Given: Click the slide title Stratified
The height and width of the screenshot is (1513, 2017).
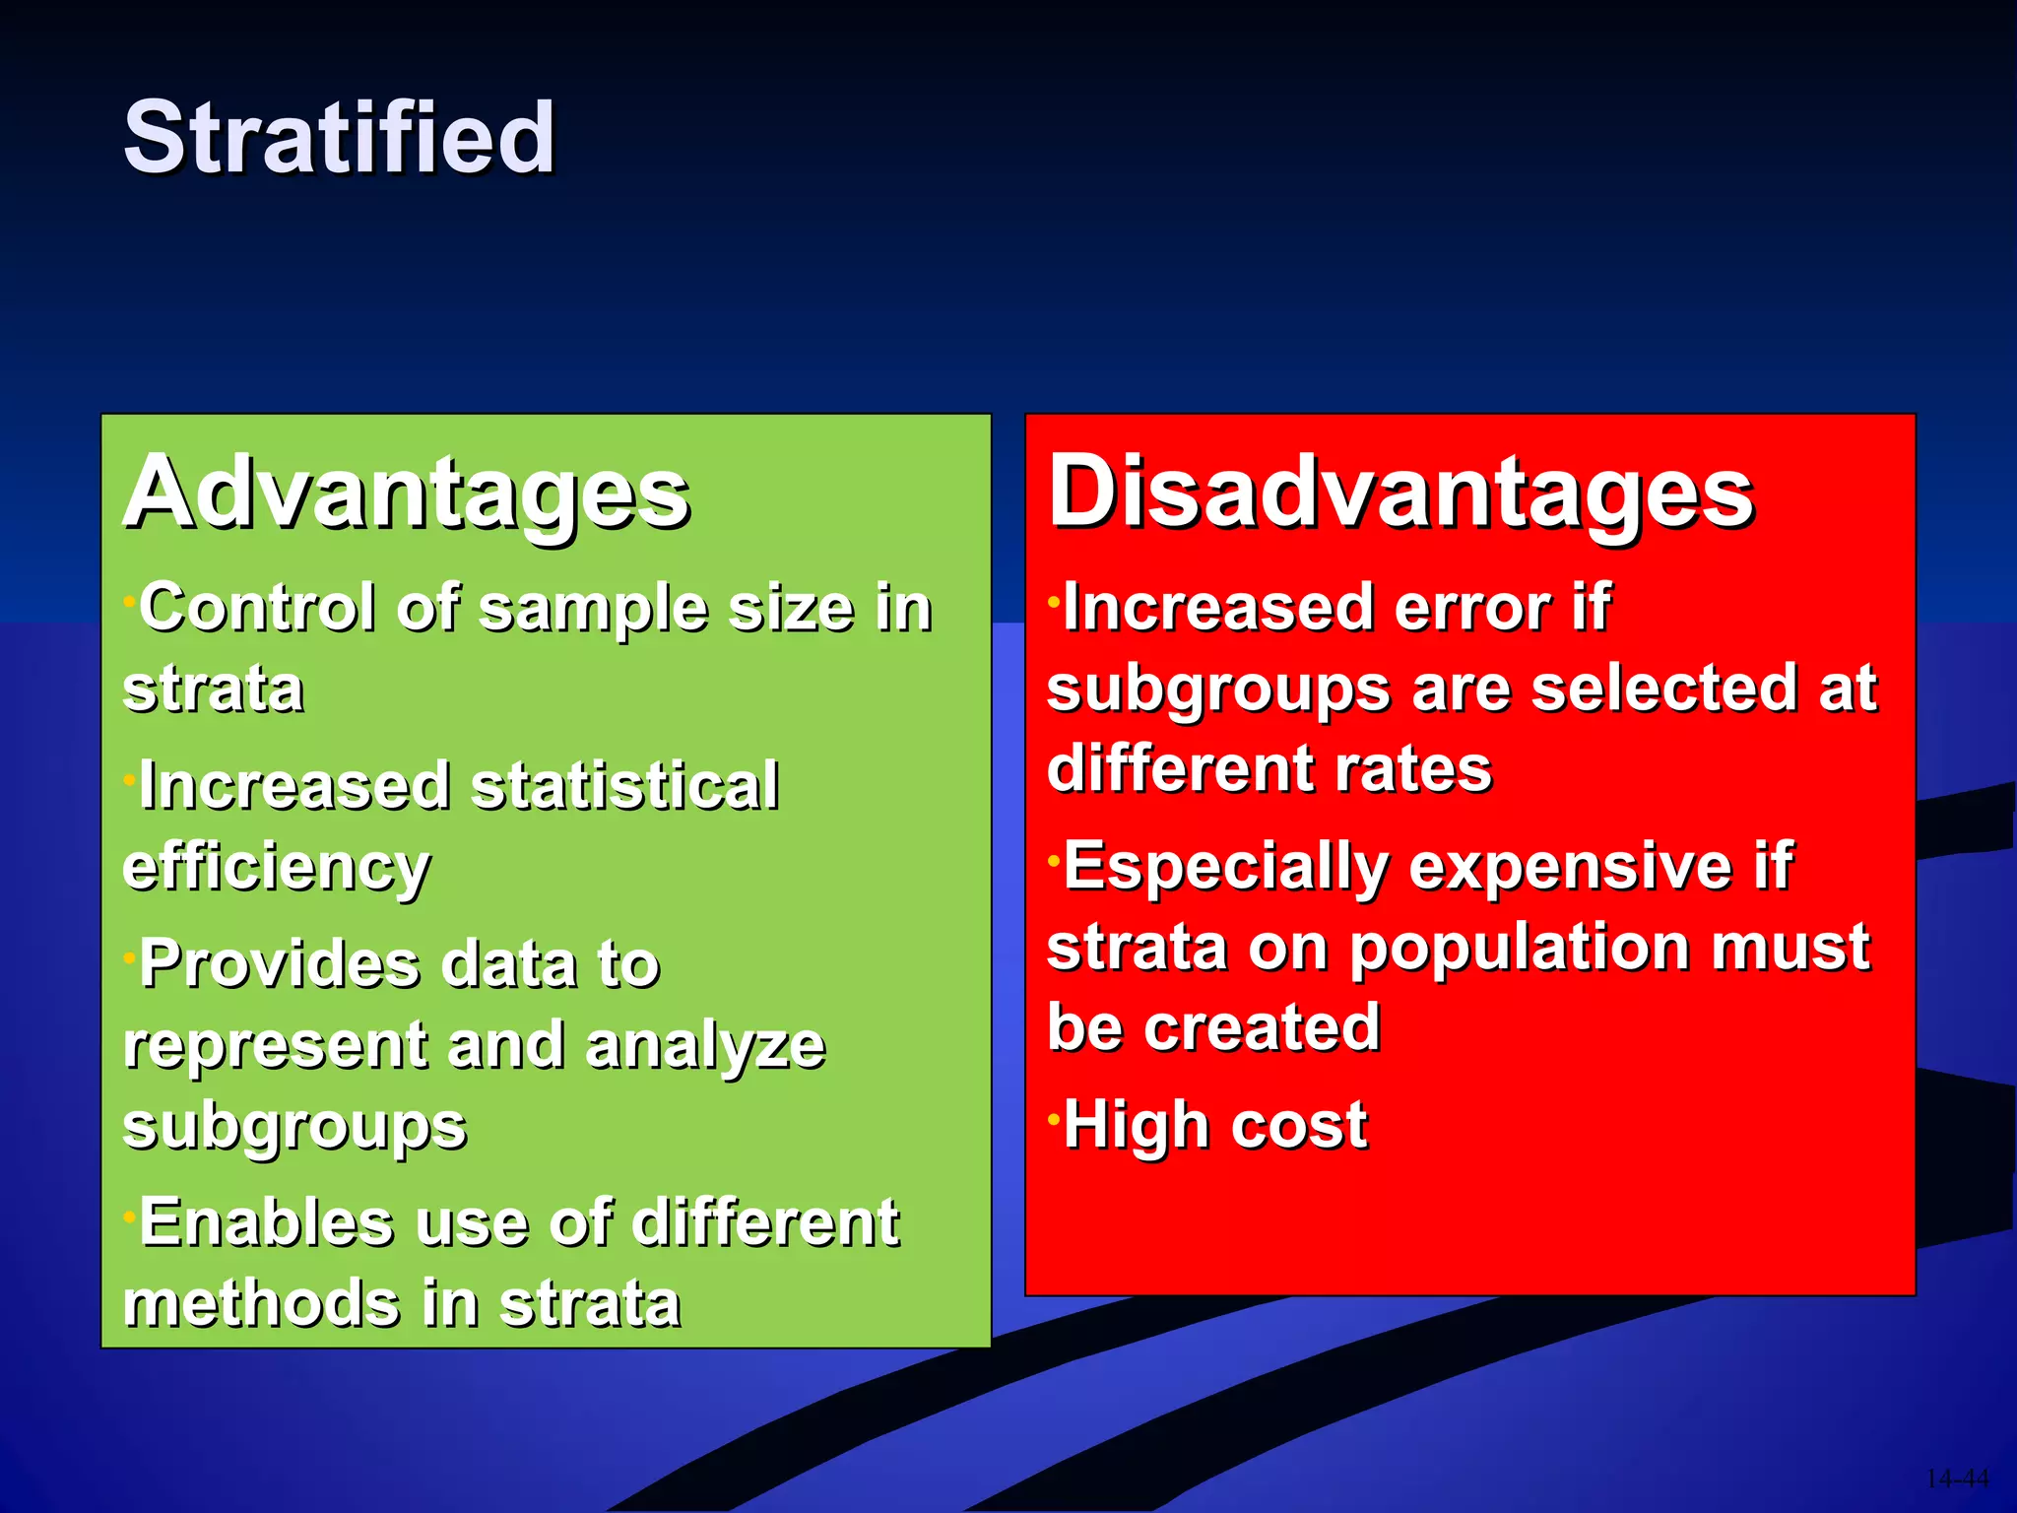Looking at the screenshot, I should [339, 138].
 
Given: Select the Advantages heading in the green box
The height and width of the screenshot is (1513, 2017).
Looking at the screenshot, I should [406, 493].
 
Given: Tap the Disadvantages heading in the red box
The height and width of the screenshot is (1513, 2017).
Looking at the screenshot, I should [1399, 493].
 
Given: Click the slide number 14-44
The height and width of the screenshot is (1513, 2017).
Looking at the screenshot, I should [1956, 1479].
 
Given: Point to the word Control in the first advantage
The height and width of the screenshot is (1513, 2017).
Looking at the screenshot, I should [257, 607].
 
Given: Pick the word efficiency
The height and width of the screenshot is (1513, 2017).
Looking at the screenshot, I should [276, 869].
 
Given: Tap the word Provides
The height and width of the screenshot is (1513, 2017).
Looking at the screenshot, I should [279, 963].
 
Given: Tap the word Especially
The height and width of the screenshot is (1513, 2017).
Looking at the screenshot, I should [1224, 868].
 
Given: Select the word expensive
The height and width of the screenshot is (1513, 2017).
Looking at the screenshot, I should [1570, 868].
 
